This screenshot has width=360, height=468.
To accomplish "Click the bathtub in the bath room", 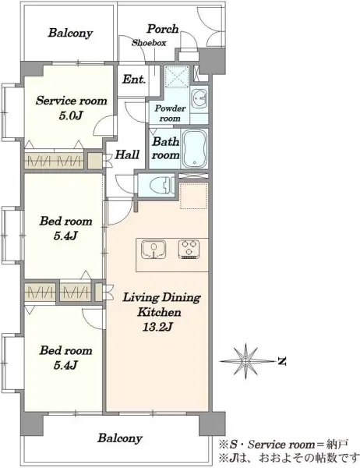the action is coord(195,149).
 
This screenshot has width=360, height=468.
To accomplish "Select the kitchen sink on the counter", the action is coord(154,250).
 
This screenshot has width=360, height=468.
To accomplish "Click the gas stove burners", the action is coord(189,250).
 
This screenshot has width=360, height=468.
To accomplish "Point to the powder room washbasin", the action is coord(199,98).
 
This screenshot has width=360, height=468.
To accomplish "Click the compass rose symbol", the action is coord(245,361).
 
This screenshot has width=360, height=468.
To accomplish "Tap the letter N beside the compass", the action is coord(282,361).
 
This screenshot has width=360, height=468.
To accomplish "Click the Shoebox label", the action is coord(149,43).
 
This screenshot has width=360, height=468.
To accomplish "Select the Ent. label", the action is coord(134,80).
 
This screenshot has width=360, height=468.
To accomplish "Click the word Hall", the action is coord(127,154).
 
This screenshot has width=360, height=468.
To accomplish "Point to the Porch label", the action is coord(163,29).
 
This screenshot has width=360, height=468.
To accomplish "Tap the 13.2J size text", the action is coord(157,327).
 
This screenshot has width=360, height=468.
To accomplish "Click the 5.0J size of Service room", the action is coord(70,115).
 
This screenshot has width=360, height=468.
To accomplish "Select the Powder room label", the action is coord(170,113).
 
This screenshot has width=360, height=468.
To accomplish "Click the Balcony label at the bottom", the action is coord(120,438).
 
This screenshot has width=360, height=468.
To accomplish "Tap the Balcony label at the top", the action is coord(70,33).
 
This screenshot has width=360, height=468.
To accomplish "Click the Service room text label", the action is coord(71,101).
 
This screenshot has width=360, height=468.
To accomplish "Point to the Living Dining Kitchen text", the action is coord(161,305).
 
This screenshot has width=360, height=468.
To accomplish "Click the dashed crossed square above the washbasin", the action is coord(177,76).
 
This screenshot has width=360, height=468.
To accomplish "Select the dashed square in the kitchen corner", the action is coord(194,196).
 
